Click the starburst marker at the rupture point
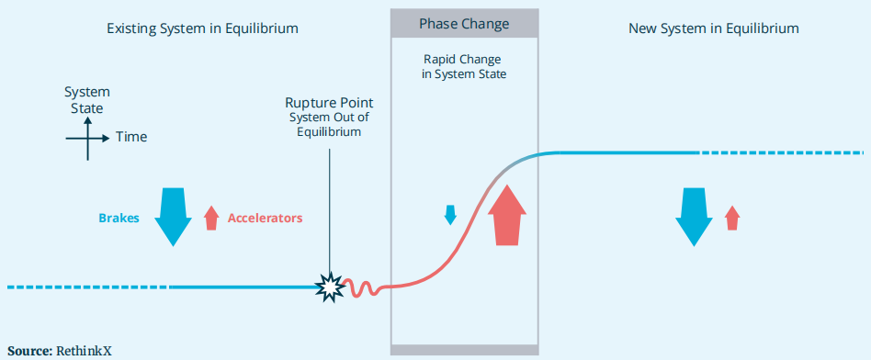330,287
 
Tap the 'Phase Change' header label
464,25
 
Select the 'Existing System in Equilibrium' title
203,28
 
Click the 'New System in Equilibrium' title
714,28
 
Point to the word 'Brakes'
119,219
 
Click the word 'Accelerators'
265,219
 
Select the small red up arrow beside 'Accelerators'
211,218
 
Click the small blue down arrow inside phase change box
450,215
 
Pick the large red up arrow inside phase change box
507,215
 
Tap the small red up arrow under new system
732,218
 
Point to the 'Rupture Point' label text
330,103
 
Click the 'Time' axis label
131,137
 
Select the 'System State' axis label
87,100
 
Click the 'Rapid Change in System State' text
464,66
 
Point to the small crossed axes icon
87,139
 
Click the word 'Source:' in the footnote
30,351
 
